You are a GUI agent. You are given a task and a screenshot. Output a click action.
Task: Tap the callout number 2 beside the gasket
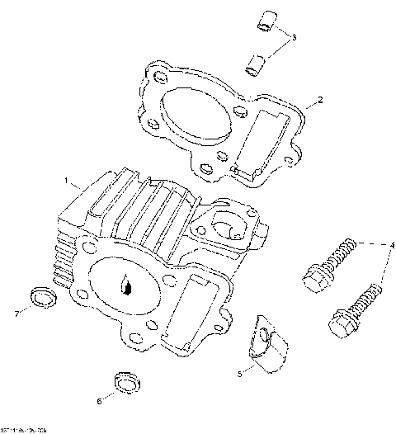(x=319, y=101)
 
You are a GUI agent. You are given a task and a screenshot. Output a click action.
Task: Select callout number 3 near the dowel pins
(x=295, y=37)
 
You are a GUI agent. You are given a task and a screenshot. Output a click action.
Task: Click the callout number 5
(x=240, y=374)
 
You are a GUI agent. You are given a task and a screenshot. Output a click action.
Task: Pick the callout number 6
(x=100, y=402)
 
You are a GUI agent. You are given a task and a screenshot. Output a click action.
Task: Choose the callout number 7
(x=16, y=313)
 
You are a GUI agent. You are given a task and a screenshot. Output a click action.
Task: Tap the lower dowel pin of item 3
(x=257, y=61)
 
